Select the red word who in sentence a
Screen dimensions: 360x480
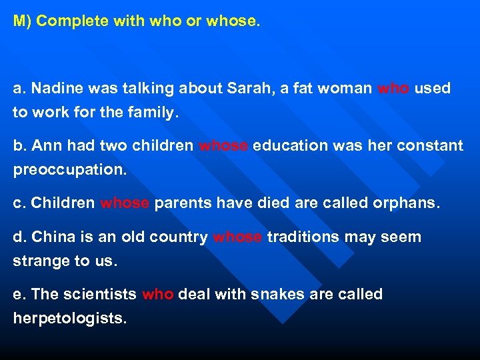tap(393, 88)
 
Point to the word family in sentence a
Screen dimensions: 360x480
tap(151, 113)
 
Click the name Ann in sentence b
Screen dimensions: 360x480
tap(45, 145)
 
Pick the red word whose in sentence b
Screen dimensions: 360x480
tap(224, 145)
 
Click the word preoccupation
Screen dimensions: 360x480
tap(69, 170)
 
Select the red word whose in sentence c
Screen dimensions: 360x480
tap(125, 203)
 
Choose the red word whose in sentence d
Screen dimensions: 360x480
tap(237, 237)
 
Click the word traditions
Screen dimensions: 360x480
tap(303, 237)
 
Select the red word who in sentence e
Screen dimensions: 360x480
tap(158, 294)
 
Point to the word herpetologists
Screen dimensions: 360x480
tap(69, 319)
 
